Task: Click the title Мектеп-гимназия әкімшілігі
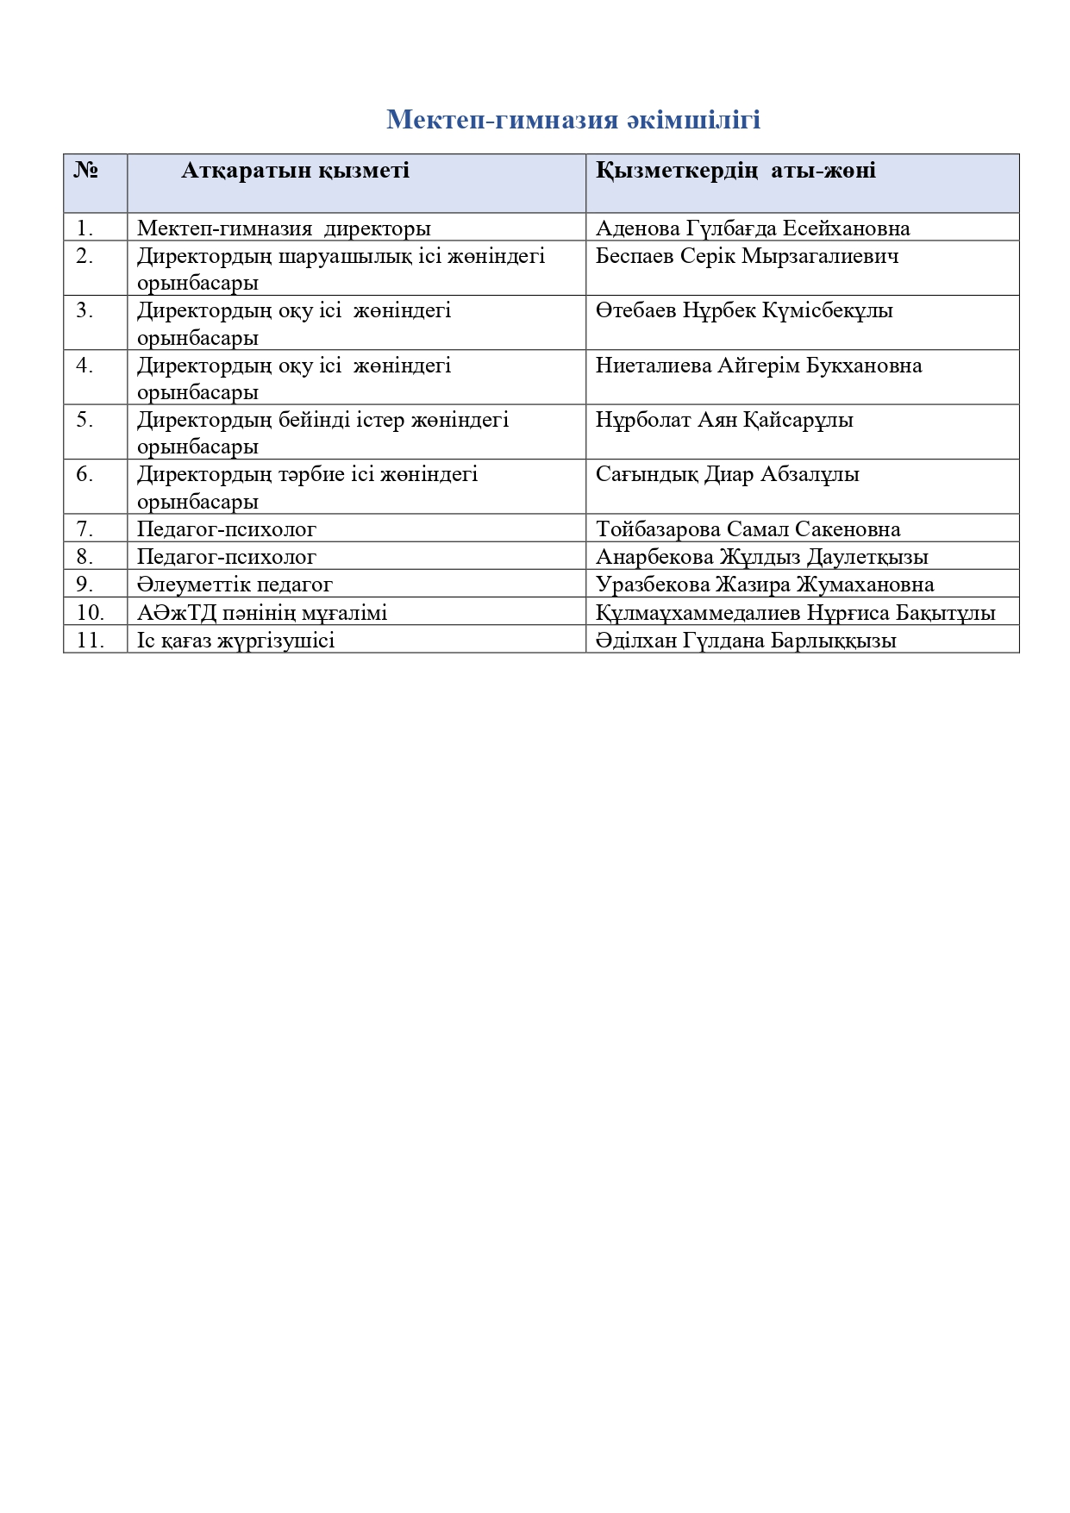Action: click(573, 119)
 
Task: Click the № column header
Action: click(85, 171)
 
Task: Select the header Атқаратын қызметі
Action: click(295, 171)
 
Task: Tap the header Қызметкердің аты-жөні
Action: click(735, 171)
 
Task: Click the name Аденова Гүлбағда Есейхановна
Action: click(753, 228)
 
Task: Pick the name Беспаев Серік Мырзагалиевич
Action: click(747, 256)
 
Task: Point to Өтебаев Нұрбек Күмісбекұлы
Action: click(744, 310)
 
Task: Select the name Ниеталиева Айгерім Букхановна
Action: click(759, 366)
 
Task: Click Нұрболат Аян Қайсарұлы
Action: click(724, 420)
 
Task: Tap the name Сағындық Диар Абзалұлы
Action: click(727, 474)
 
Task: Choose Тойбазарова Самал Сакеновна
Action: click(748, 529)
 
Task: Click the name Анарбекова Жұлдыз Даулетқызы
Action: click(761, 557)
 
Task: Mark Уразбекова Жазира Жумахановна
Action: click(765, 585)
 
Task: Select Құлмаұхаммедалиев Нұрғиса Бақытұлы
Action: click(795, 613)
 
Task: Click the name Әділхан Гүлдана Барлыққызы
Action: click(746, 641)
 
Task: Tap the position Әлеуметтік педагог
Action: click(235, 585)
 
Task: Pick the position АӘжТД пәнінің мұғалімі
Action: click(262, 613)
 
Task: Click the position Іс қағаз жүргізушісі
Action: click(235, 641)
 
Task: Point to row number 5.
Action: click(84, 420)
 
